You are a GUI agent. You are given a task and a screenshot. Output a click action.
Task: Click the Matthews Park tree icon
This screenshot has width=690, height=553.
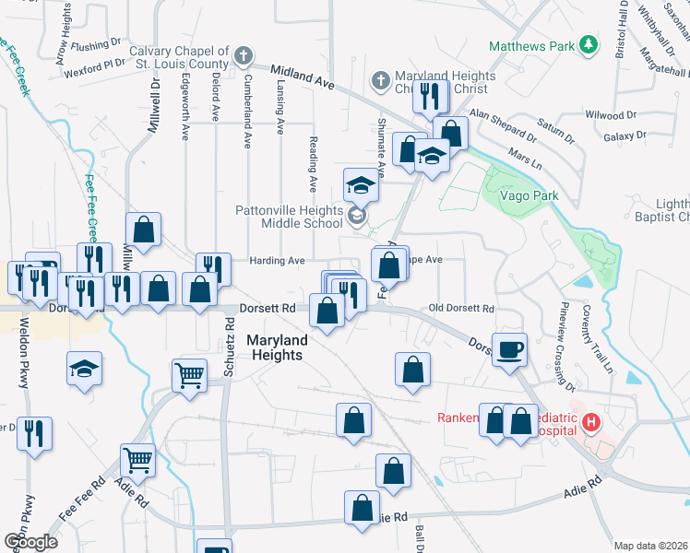coord(587,45)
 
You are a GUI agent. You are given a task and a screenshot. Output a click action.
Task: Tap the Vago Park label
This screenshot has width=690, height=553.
coord(529,196)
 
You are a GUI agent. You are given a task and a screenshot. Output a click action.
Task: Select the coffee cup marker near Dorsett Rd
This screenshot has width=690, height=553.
coord(510,350)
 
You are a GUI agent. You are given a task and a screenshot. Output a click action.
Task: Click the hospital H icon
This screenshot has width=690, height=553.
coord(591,423)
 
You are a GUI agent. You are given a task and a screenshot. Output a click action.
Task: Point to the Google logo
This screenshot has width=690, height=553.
coord(30,541)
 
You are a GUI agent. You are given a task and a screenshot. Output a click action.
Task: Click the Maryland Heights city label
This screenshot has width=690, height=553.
coord(277,347)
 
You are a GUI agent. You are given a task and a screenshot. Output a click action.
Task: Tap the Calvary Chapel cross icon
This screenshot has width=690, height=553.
coord(244,56)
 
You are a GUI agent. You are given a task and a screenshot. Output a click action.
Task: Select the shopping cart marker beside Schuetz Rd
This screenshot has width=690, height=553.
coord(189,374)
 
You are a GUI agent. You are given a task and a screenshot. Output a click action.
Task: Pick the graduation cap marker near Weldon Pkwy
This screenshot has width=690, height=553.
coord(84,371)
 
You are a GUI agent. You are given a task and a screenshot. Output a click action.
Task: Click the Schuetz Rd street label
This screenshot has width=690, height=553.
coord(229,339)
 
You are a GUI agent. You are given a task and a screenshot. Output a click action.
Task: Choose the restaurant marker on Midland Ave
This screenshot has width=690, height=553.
coord(430,95)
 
